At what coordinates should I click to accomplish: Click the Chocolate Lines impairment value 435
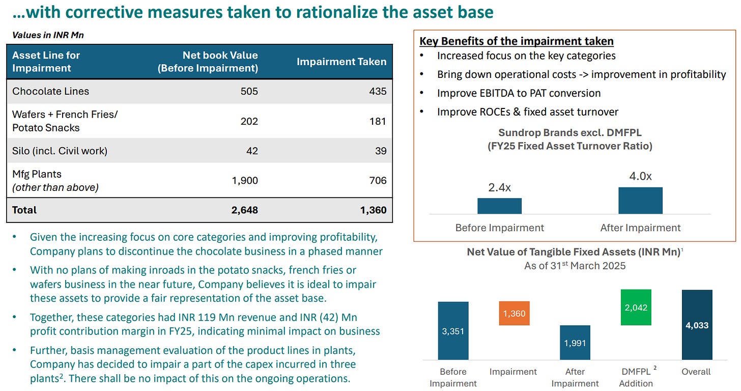378,92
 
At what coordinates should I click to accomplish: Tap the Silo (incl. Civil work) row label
60,151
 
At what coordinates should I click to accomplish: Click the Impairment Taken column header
341,62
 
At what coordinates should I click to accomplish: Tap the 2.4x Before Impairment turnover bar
499,206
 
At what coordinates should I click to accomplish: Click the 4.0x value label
640,176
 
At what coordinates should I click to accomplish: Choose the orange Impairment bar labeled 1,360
514,313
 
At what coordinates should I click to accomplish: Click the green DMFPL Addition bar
636,308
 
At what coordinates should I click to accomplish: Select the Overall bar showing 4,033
697,325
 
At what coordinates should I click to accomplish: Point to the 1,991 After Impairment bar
575,342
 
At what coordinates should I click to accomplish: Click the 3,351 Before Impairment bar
453,331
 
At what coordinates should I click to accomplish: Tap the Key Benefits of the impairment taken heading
517,41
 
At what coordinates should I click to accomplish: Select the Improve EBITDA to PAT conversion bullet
519,93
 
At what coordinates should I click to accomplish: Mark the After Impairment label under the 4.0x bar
640,228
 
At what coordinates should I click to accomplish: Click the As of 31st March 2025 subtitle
575,266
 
